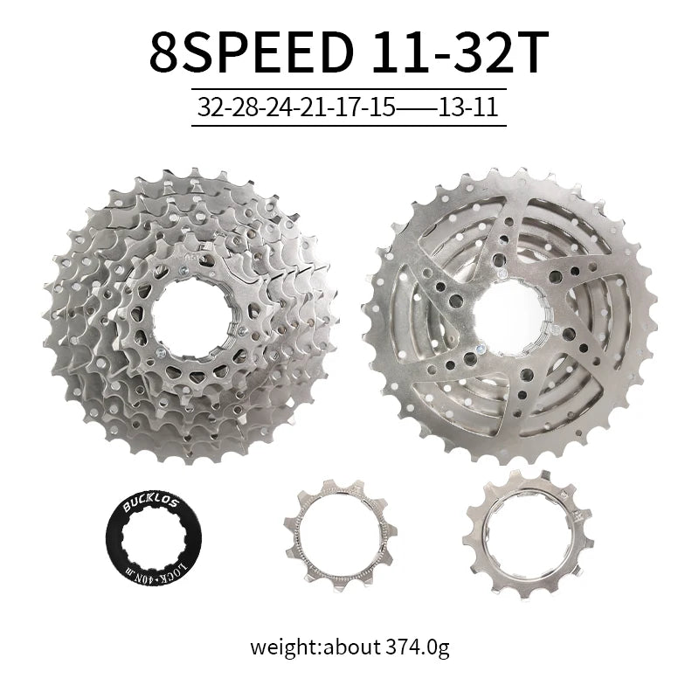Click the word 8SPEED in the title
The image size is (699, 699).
[252, 52]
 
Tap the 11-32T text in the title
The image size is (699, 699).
[460, 52]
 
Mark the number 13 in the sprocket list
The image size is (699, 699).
[451, 107]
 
